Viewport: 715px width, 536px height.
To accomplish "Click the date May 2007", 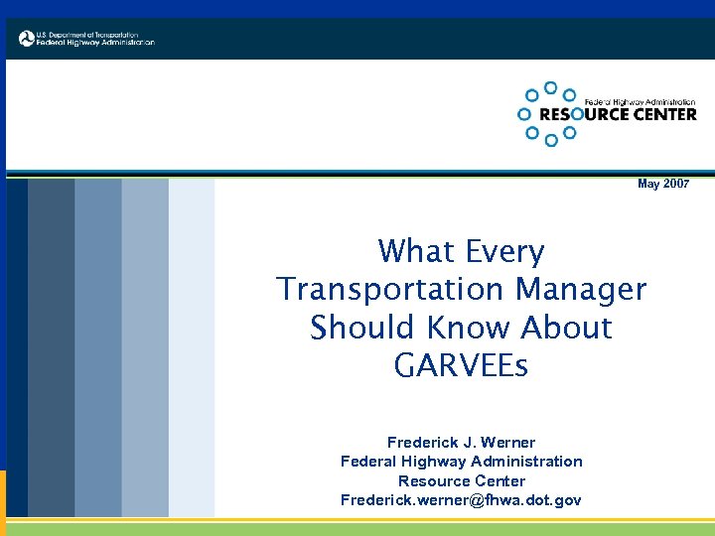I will (662, 185).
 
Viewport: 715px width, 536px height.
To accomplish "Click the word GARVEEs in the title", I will (461, 365).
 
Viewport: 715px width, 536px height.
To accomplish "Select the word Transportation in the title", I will (390, 289).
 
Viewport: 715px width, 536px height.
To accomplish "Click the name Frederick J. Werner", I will (461, 443).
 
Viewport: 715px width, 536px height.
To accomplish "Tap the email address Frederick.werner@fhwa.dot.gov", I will (461, 499).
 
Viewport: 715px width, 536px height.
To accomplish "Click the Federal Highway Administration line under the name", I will (461, 462).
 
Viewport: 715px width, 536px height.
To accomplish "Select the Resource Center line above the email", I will (461, 480).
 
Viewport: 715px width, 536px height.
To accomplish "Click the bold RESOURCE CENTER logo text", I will (617, 114).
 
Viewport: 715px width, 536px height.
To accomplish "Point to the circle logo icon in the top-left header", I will (27, 39).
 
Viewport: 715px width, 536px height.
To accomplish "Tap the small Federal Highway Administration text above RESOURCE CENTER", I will (640, 102).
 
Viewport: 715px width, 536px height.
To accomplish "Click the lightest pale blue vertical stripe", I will (192, 347).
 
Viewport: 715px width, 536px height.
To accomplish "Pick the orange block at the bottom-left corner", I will (3, 501).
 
